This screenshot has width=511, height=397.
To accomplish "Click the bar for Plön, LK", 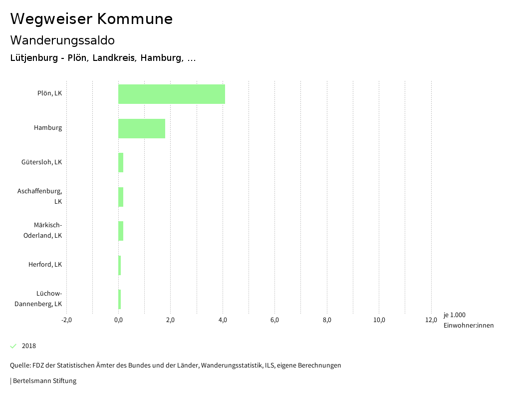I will [171, 94].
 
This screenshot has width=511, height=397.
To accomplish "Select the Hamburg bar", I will [141, 128].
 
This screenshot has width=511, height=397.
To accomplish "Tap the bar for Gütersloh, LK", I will [121, 163].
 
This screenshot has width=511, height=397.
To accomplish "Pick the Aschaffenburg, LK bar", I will [121, 197].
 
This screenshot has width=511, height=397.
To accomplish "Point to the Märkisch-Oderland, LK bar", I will [121, 231].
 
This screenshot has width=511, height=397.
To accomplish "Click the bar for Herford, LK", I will [120, 265].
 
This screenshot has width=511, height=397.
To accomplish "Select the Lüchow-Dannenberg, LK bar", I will [120, 299].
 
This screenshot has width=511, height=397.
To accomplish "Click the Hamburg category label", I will [48, 128].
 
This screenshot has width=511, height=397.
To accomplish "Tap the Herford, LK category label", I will [45, 265].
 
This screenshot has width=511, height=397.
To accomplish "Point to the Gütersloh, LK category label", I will [41, 162].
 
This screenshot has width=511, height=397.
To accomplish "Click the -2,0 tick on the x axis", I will [66, 320].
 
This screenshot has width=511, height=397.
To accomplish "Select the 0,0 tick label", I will [118, 320].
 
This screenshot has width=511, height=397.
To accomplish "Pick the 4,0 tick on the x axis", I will [223, 320].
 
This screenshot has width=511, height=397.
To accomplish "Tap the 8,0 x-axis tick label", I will [327, 320].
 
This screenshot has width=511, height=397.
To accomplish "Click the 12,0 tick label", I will [431, 320].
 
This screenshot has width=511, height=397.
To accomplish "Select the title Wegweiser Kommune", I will [91, 19].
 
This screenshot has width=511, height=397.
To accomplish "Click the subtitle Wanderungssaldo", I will [62, 40].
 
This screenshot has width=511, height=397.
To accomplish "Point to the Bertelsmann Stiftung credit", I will [44, 381].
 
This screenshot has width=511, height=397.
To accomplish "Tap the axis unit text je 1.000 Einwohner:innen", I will [468, 320].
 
